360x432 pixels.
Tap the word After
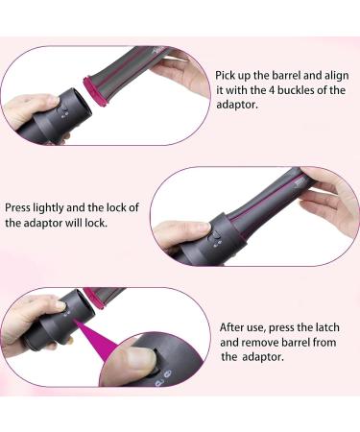(235, 326)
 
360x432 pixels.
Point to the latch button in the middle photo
(216, 237)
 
